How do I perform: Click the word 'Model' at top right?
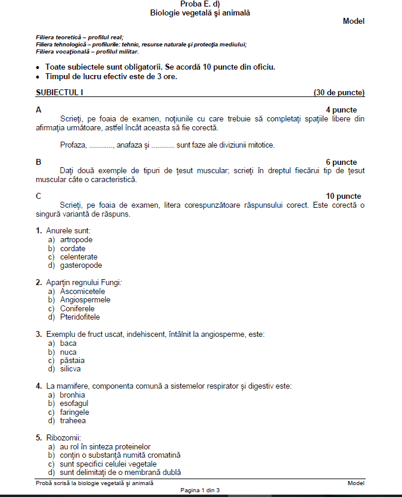coord(353,21)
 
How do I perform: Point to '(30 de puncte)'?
coord(339,93)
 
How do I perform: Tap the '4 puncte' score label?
coord(341,110)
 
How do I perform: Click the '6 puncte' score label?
coord(341,162)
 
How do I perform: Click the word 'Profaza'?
coord(73,145)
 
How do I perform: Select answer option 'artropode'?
coord(76,240)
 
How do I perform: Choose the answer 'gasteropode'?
coord(81,265)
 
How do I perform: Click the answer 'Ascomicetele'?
coord(82,292)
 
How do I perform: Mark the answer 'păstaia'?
coord(72,360)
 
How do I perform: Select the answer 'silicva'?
coord(72,369)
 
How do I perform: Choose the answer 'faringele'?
coord(74,412)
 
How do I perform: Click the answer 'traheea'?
coord(73,421)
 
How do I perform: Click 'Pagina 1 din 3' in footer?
coord(201,489)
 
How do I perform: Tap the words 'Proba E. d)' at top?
coord(200,4)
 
